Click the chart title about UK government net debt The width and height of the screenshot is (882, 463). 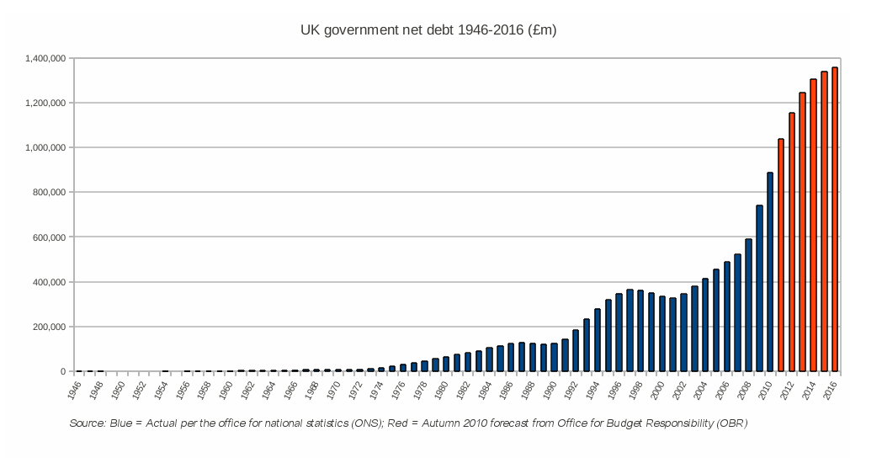click(428, 30)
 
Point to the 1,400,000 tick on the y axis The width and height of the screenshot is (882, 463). click(46, 58)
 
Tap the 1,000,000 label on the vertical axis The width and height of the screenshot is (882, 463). click(46, 147)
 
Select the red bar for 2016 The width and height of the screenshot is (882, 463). click(834, 219)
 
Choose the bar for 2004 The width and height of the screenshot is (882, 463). click(705, 325)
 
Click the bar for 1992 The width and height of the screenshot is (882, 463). click(576, 350)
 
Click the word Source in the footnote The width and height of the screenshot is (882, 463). click(87, 423)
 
